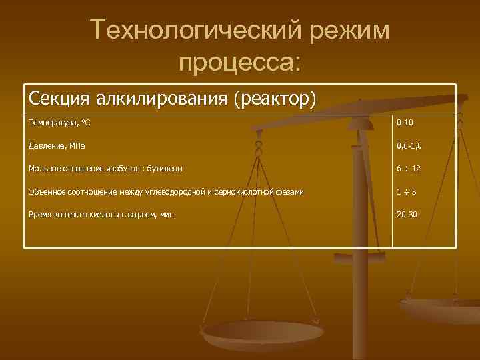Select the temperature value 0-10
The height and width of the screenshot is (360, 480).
405,123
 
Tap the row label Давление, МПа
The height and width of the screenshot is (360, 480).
57,145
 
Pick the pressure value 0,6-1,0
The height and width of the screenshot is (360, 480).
409,145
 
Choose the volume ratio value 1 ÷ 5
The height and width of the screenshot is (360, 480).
407,192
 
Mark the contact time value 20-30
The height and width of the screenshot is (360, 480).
406,215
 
